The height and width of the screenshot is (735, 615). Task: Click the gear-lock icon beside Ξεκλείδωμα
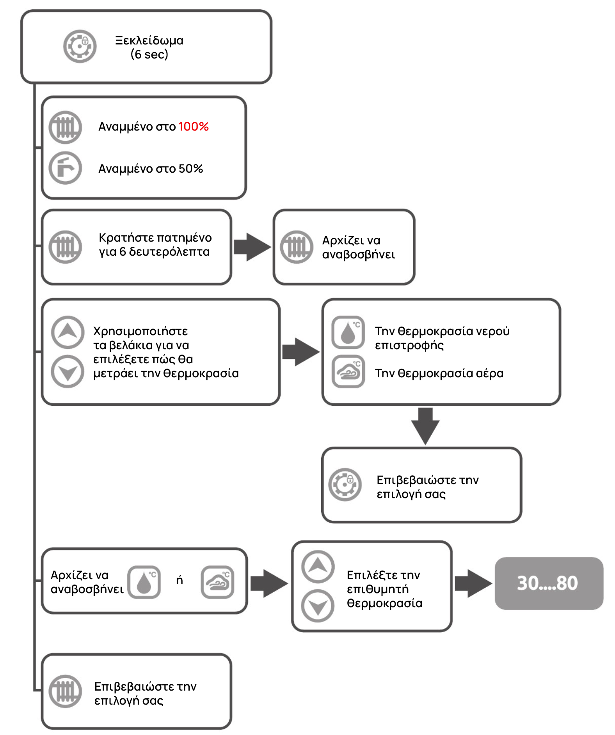pos(80,46)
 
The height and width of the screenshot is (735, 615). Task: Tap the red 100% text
pos(194,127)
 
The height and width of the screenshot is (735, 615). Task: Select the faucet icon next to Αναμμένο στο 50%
pos(65,168)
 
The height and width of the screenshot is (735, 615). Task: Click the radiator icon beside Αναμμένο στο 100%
pos(65,127)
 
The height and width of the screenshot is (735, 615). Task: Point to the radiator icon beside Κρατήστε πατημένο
pos(65,247)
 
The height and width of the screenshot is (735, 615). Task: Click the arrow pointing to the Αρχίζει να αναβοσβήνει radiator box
pos(252,247)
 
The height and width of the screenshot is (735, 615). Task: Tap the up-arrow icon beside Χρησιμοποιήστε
pos(68,332)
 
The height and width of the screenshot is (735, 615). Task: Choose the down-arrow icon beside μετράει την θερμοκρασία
pos(68,371)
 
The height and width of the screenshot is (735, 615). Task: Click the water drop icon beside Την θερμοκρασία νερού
pos(348,332)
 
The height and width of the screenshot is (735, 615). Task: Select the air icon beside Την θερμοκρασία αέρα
pos(348,371)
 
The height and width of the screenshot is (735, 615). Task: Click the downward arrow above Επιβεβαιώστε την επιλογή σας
pos(425,426)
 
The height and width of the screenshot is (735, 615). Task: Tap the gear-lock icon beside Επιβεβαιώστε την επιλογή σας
pos(345,484)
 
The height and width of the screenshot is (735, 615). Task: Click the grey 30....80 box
pos(549,583)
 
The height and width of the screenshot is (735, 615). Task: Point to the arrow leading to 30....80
pos(473,583)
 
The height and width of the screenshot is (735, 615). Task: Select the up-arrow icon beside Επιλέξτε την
pos(318,566)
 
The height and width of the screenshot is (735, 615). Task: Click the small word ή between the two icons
pos(180,580)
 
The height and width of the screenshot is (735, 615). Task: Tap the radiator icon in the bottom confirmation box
pos(65,691)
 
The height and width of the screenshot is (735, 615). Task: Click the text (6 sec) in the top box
pos(149,54)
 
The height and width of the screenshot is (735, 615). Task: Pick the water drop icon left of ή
pos(144,582)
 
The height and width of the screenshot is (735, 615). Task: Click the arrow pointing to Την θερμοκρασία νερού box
pos(301,352)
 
